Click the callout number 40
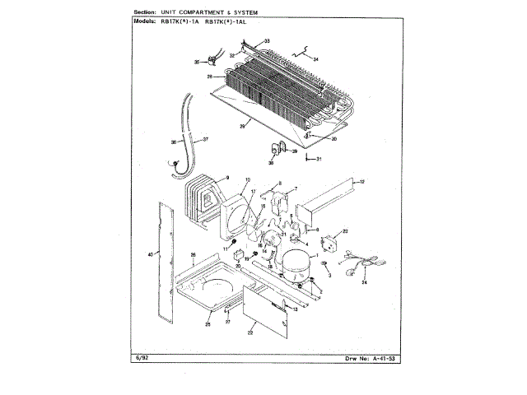point(150,255)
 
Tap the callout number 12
point(361,181)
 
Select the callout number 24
point(364,283)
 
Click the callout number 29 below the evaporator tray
point(243,126)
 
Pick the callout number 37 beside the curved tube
point(205,139)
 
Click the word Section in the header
point(143,13)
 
